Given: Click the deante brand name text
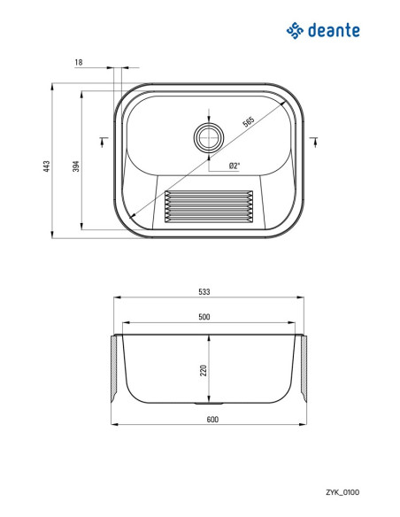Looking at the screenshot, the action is click(334, 30).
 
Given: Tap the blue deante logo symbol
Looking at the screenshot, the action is click(295, 31).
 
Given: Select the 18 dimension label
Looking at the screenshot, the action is click(79, 62).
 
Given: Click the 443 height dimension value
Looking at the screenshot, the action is click(47, 166).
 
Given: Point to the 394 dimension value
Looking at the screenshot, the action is click(76, 166).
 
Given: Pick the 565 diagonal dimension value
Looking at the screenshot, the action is click(249, 121).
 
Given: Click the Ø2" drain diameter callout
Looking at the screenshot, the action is click(234, 166).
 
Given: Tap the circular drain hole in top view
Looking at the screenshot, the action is click(209, 137).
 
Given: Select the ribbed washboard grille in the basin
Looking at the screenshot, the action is click(209, 206).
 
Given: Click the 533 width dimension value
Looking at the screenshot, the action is click(204, 292).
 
